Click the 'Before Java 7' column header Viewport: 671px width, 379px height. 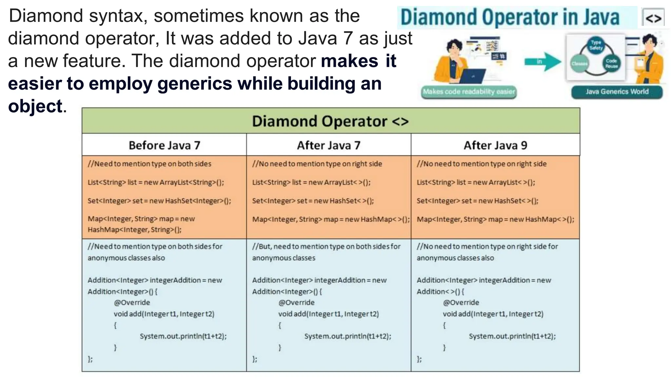pos(164,145)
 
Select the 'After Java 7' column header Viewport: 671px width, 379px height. pos(329,145)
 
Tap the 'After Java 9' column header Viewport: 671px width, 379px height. pos(495,145)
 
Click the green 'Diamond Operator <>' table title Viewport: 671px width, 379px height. pos(330,121)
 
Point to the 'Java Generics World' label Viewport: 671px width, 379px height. pos(617,92)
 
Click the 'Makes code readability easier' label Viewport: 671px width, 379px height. pos(469,92)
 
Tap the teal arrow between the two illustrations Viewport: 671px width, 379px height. pos(542,62)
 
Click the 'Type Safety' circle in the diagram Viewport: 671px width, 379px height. pos(596,45)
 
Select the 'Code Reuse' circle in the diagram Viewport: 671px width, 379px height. pos(611,63)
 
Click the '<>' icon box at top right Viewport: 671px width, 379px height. pos(653,18)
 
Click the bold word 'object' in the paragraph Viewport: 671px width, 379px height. pos(35,106)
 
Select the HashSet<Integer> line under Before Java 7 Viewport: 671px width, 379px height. pos(159,201)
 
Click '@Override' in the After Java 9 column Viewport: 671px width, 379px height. pos(461,302)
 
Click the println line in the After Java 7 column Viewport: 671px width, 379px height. pos(348,336)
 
